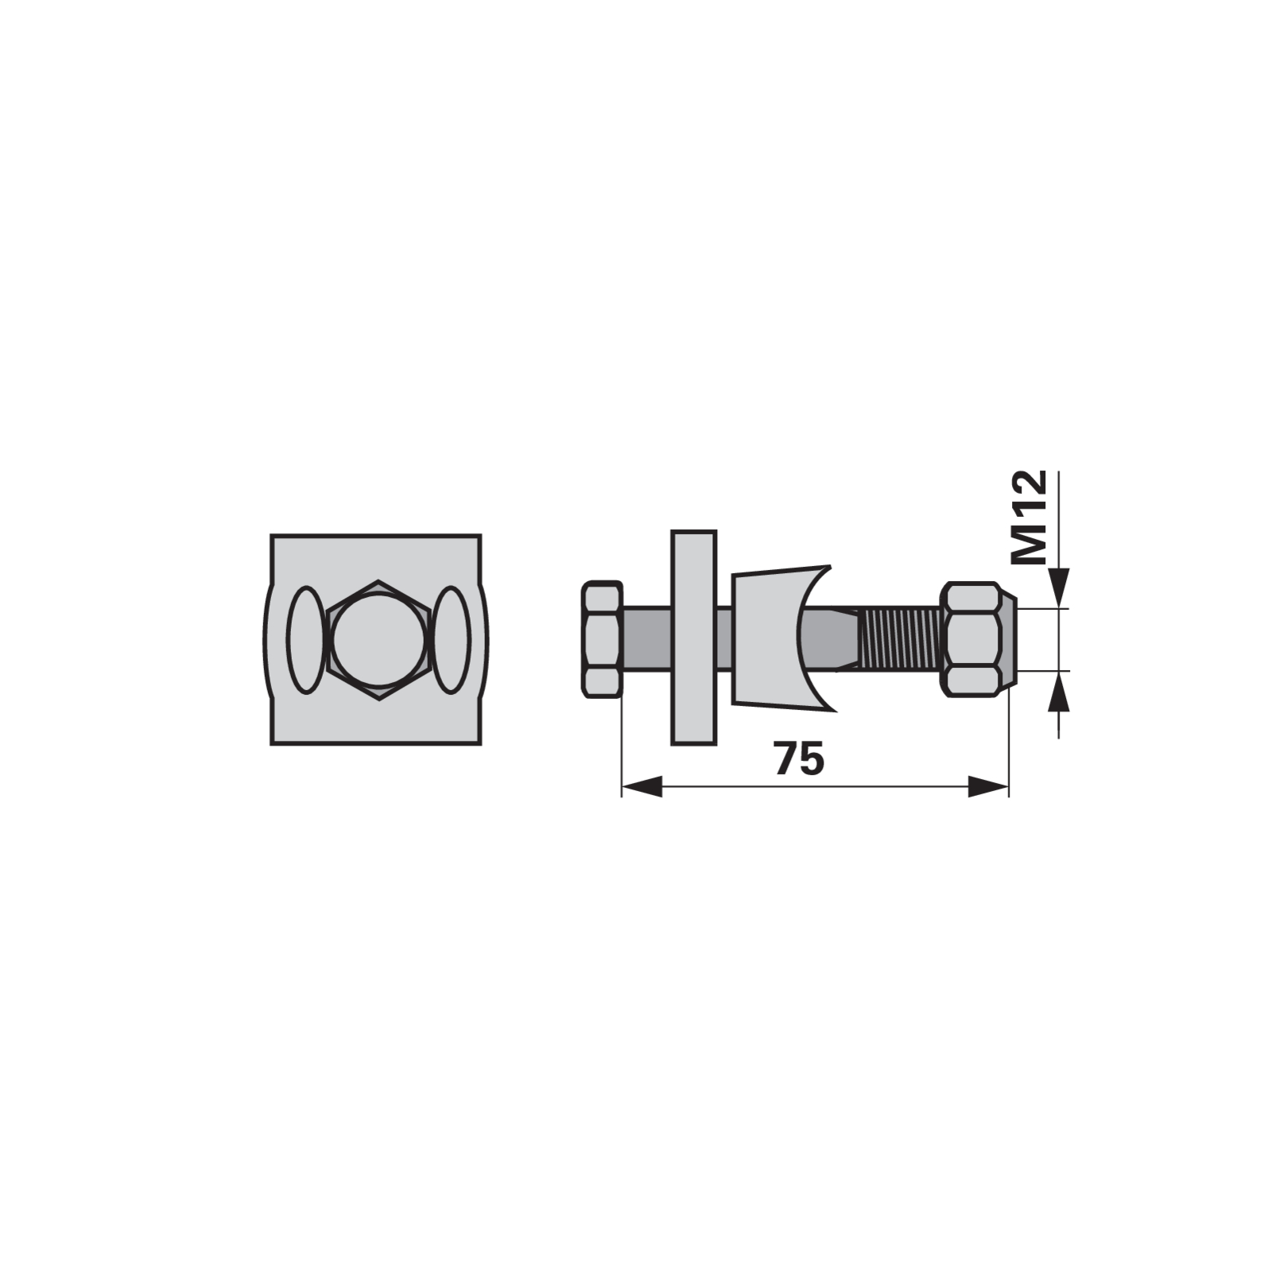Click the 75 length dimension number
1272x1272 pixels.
point(800,759)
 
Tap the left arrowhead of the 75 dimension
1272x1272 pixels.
point(641,788)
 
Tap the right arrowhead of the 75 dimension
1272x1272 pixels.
point(988,788)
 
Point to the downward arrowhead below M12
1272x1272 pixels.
point(1059,589)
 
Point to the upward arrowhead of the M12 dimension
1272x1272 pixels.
point(1059,692)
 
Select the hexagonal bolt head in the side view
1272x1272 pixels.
point(602,639)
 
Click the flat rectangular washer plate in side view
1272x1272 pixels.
point(694,638)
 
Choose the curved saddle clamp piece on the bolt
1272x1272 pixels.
point(775,638)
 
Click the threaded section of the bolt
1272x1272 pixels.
point(902,639)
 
